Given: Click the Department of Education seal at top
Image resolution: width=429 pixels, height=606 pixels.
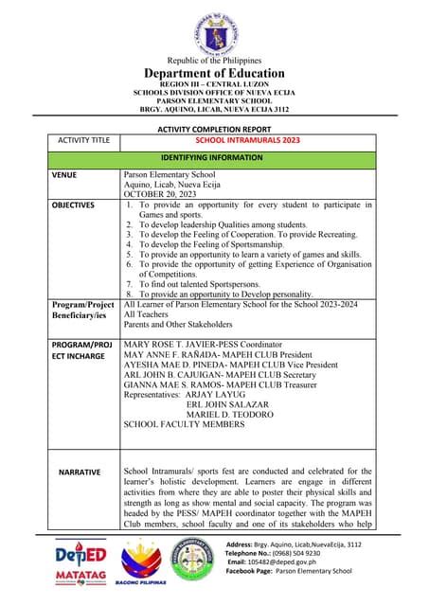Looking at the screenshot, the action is [214, 30].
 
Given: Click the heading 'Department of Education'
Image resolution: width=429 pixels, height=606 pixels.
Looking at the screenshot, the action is [214, 74].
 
